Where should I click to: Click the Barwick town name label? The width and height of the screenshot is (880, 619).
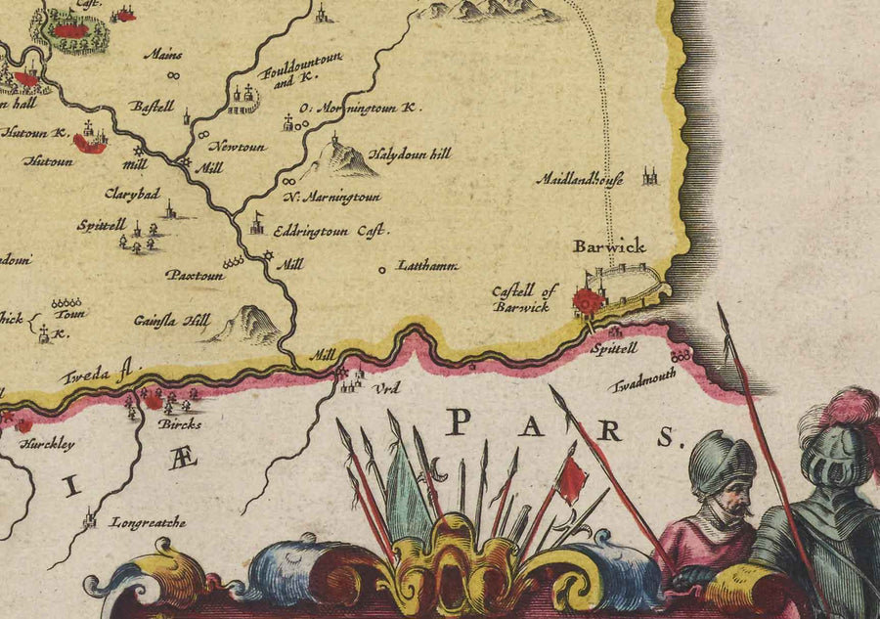click(609, 247)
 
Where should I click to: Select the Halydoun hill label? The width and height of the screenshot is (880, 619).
click(411, 155)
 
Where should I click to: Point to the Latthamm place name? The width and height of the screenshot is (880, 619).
click(427, 265)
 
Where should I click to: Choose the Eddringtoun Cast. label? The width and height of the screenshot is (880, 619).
click(331, 232)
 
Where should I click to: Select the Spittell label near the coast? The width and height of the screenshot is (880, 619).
click(614, 347)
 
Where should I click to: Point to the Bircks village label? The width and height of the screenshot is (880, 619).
click(180, 424)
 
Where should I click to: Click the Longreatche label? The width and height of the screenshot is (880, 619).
click(148, 522)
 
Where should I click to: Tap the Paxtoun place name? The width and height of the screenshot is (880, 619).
click(195, 276)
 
